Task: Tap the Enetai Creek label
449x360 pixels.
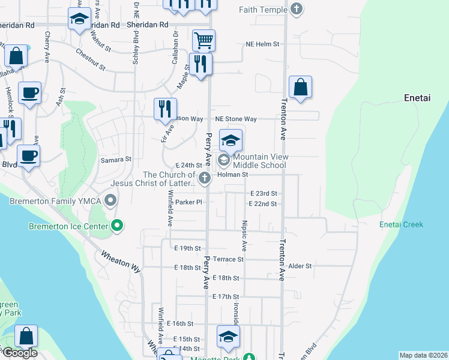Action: click(401, 224)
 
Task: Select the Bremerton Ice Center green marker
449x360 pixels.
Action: click(117, 226)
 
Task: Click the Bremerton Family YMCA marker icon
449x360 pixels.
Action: click(110, 199)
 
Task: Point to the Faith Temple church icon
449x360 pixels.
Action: click(296, 10)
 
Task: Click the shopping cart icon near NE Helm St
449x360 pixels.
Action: click(203, 41)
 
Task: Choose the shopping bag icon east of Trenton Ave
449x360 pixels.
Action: click(300, 87)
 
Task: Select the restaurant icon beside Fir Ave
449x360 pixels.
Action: click(165, 109)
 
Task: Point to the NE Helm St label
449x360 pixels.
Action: click(262, 44)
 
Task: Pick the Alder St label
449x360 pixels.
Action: click(300, 266)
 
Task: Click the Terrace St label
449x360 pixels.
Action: click(231, 259)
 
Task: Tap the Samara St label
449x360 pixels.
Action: click(115, 160)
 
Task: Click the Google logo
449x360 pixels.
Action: click(19, 353)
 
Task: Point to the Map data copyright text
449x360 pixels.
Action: click(423, 355)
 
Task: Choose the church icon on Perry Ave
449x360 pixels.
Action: click(205, 178)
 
